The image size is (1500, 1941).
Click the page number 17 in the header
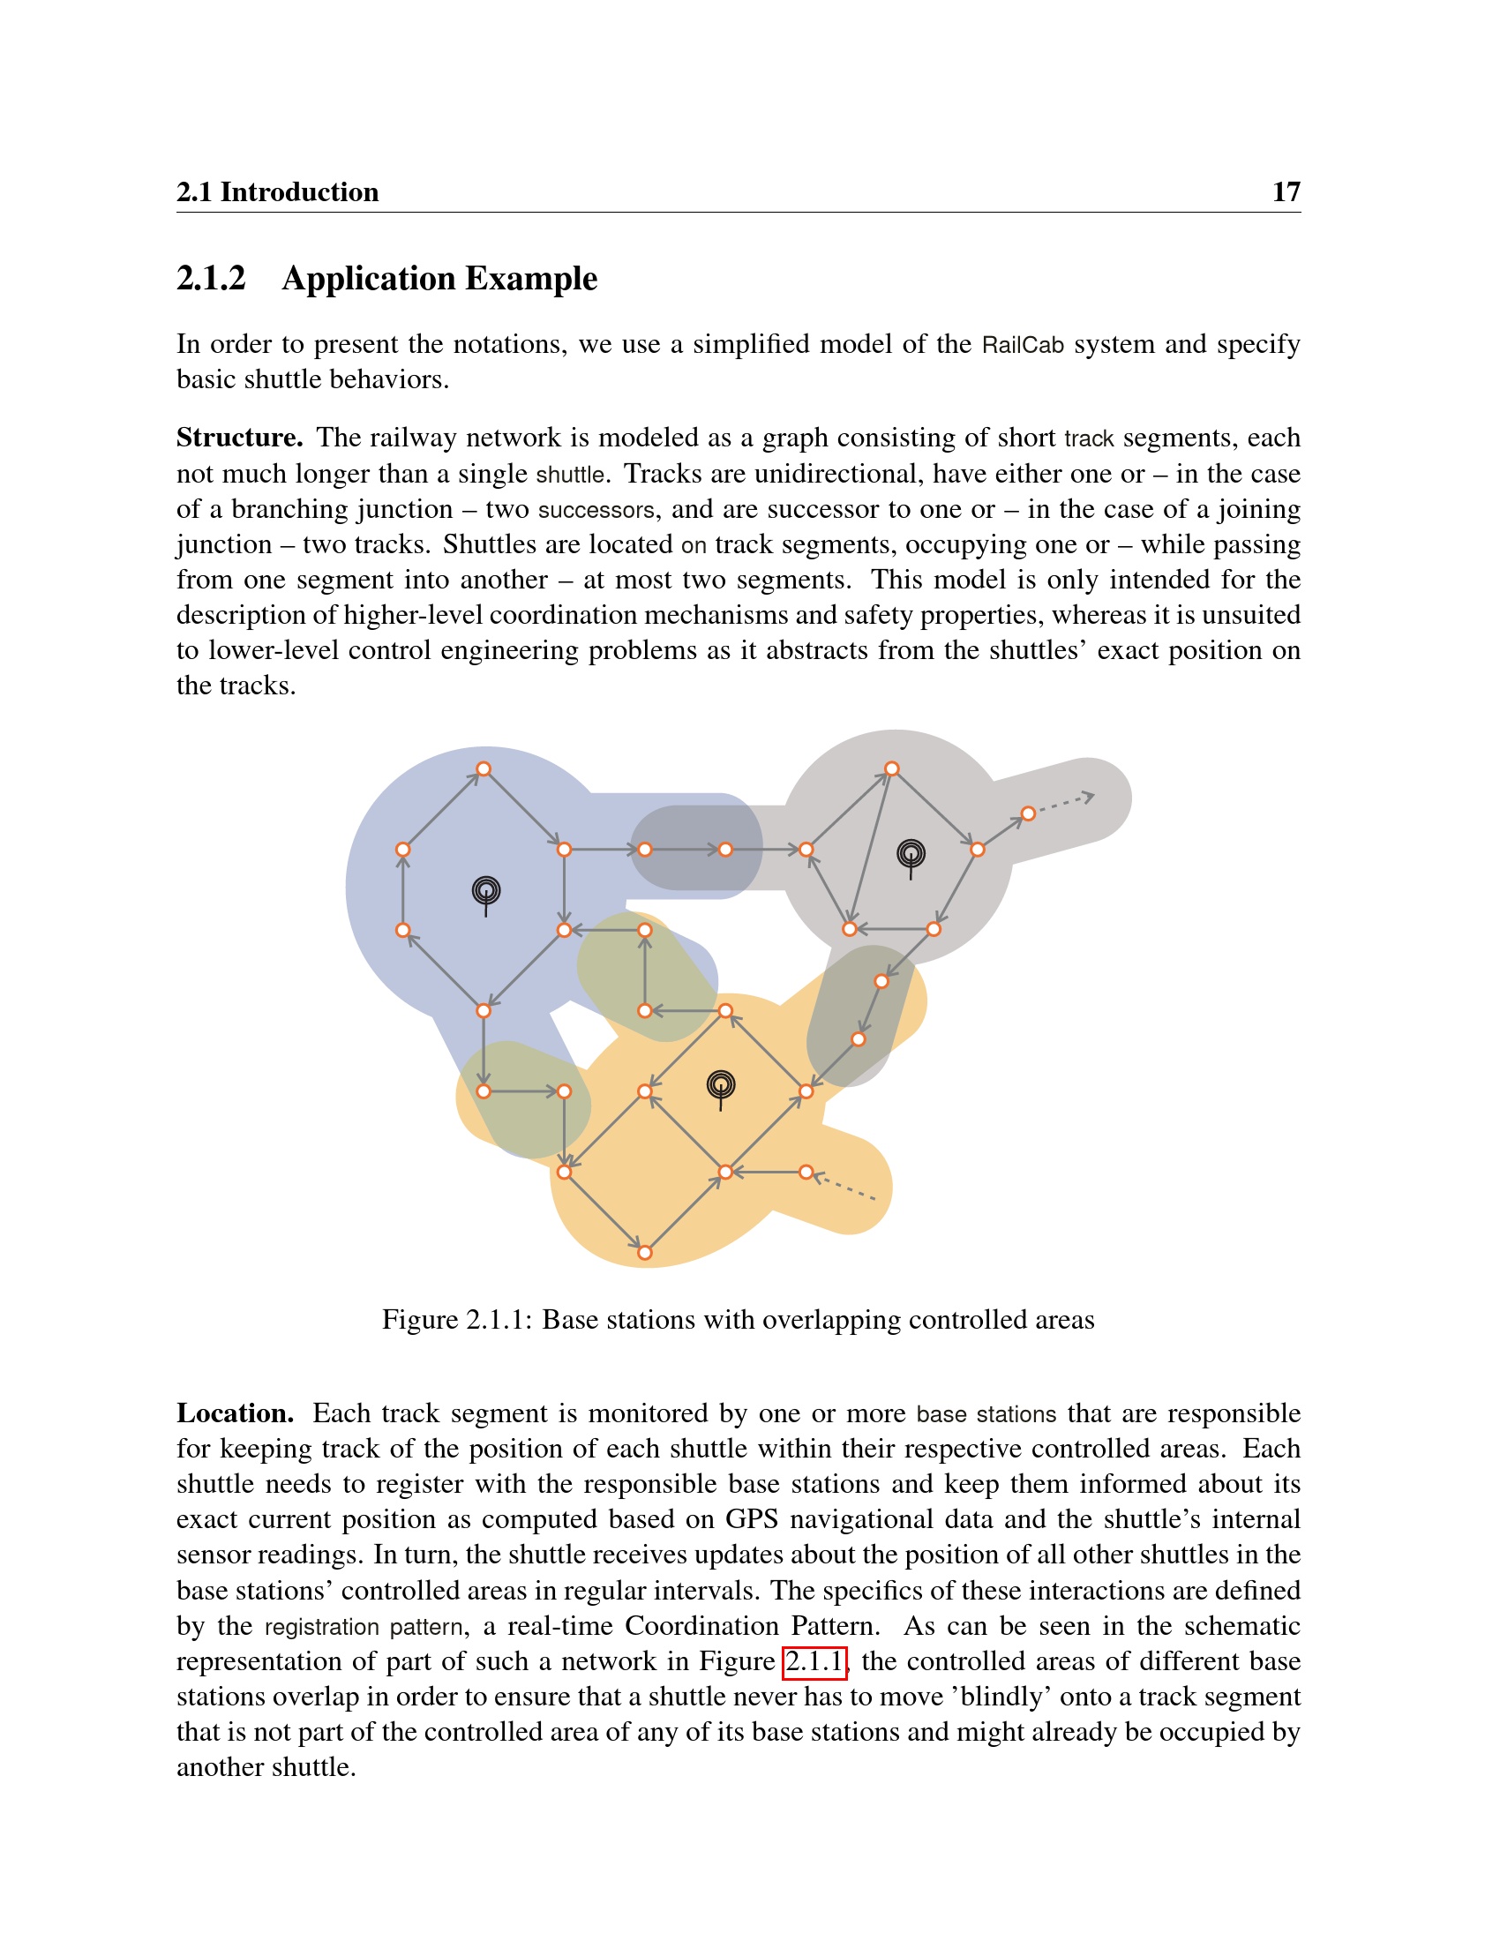pos(1285,192)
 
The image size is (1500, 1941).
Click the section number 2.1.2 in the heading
pos(211,278)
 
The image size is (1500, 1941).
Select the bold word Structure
pos(239,438)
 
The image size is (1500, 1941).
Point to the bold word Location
pos(235,1413)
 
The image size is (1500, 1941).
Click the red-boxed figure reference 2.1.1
pos(814,1660)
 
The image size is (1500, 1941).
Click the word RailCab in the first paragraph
pos(1022,345)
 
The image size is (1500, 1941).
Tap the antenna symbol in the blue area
pos(486,892)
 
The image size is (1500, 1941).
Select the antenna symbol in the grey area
pos(911,857)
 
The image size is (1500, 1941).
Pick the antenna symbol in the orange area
pos(721,1087)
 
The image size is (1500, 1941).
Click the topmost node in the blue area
pos(484,768)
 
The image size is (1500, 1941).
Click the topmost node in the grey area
pos(892,768)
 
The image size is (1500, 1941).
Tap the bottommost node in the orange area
pos(645,1253)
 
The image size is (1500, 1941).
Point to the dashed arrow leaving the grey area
pos(1065,803)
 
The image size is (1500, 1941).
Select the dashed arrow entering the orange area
pos(846,1188)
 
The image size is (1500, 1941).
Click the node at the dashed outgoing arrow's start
pos(1028,813)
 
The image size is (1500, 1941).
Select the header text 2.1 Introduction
pos(277,192)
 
